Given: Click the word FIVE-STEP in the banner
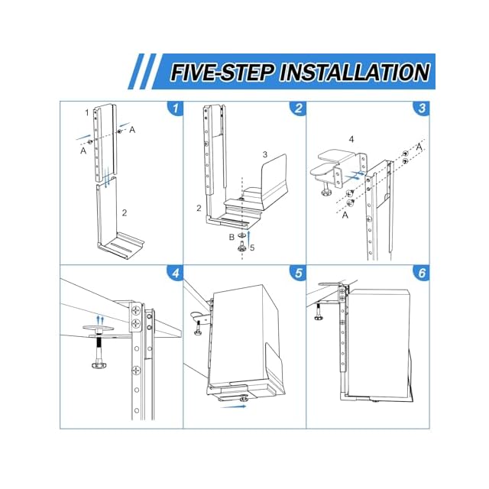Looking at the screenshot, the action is [x=222, y=73].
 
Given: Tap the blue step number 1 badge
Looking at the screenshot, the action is [x=175, y=108].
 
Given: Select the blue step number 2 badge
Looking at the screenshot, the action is [x=298, y=108].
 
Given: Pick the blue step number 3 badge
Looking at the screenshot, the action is [x=421, y=108].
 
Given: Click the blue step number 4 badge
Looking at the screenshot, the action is [x=175, y=273].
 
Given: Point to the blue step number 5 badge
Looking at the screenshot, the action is [x=298, y=273].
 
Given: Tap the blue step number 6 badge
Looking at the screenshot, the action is [x=421, y=273].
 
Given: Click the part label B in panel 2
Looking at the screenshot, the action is [x=232, y=237].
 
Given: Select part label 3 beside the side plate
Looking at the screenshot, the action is [x=265, y=154].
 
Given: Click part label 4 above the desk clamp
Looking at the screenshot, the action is [x=351, y=139].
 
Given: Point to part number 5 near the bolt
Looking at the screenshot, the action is [x=252, y=248].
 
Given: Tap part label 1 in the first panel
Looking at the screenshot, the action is [x=87, y=112].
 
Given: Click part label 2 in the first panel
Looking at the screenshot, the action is [x=125, y=212].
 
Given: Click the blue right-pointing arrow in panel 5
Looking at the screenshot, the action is [x=233, y=406].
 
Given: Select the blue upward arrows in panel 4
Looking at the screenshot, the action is [x=100, y=320].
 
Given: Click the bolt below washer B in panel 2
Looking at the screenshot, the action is [x=242, y=247].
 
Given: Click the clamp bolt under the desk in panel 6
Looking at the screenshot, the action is [x=319, y=312].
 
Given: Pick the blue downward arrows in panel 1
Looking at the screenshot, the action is [x=107, y=177].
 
